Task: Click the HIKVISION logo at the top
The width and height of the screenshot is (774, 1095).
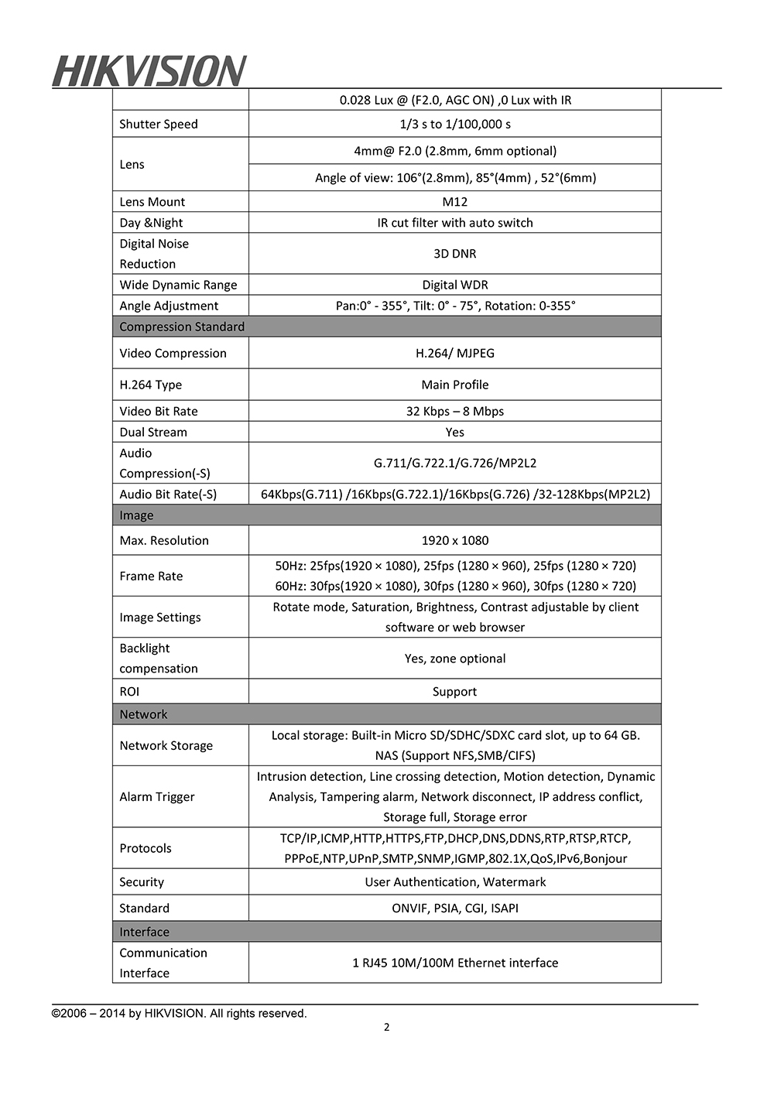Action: pyautogui.click(x=149, y=71)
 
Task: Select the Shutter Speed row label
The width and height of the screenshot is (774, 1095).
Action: pyautogui.click(x=159, y=124)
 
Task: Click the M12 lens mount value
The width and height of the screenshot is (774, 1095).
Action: pyautogui.click(x=455, y=202)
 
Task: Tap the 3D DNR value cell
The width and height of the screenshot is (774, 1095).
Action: pyautogui.click(x=455, y=254)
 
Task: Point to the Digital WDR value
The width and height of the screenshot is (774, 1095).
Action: pyautogui.click(x=455, y=285)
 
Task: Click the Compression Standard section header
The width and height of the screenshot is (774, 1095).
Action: pyautogui.click(x=182, y=327)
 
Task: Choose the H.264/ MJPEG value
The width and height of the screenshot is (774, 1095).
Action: pyautogui.click(x=455, y=353)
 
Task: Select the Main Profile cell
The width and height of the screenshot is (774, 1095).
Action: pyautogui.click(x=455, y=385)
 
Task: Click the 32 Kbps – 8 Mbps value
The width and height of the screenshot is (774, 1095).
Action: pyautogui.click(x=455, y=411)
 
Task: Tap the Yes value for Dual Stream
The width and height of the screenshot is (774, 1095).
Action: pyautogui.click(x=455, y=432)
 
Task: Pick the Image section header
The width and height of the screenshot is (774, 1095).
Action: pyautogui.click(x=137, y=515)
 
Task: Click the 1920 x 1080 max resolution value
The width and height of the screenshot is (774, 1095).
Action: pyautogui.click(x=455, y=540)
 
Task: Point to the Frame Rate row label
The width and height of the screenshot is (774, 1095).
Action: pyautogui.click(x=152, y=576)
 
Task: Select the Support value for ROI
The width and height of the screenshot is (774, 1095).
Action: pyautogui.click(x=455, y=692)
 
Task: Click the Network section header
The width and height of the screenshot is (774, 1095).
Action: pyautogui.click(x=144, y=714)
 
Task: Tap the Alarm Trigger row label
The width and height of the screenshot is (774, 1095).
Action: pyautogui.click(x=157, y=796)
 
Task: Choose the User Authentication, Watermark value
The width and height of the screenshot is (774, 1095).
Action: pyautogui.click(x=455, y=882)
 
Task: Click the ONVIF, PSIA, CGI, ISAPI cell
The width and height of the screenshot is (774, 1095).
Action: pyautogui.click(x=455, y=909)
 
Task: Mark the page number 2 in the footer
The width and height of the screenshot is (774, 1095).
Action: pyautogui.click(x=387, y=1028)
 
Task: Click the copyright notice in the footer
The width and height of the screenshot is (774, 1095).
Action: pyautogui.click(x=180, y=1013)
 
